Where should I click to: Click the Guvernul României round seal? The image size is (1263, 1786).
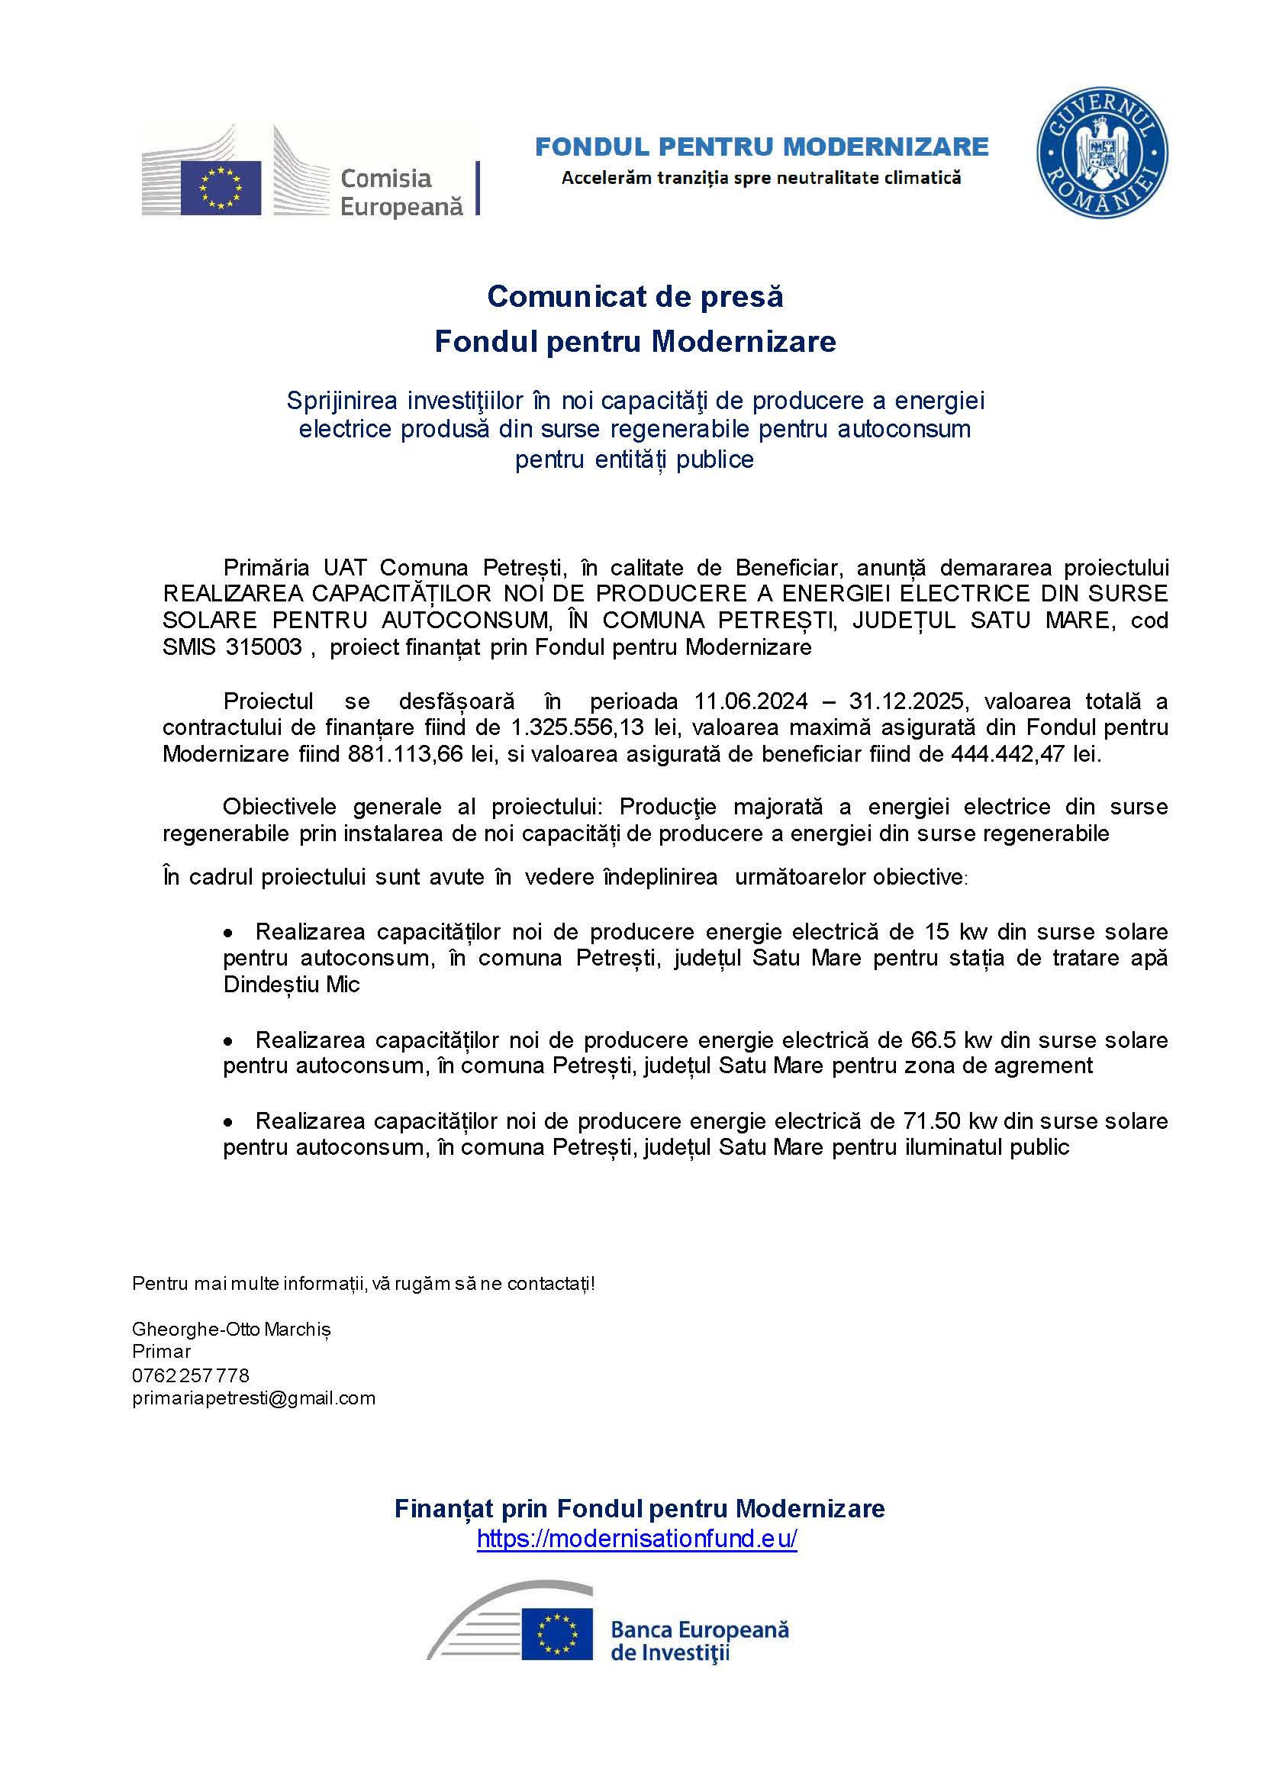coord(1102,153)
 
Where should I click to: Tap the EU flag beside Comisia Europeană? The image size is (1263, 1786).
coord(221,188)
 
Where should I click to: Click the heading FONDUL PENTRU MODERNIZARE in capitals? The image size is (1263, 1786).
coord(762,147)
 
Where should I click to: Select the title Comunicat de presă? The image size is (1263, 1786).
coord(635,296)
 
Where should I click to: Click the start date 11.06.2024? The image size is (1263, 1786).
coord(750,701)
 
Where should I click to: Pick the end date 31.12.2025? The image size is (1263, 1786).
coord(907,701)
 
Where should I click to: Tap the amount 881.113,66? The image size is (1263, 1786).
coord(406,754)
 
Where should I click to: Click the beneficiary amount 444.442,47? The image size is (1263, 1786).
coord(1007,754)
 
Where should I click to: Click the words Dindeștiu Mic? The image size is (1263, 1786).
coord(292,985)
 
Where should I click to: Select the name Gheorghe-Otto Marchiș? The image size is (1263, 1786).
coord(231,1330)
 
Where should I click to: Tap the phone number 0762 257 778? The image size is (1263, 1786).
coord(191,1375)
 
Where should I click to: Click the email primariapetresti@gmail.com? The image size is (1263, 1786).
coord(253,1398)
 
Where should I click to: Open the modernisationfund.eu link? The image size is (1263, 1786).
coord(636,1539)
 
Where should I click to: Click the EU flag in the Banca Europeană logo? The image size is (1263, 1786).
coord(557,1634)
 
